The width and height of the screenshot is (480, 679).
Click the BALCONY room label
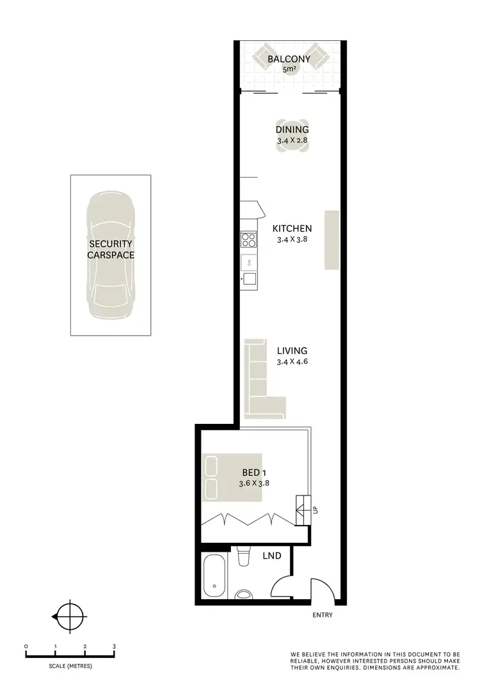(x=289, y=59)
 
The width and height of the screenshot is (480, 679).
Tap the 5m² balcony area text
(x=289, y=69)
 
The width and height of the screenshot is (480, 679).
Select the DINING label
(x=292, y=129)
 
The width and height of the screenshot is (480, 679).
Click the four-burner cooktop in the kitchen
(x=248, y=240)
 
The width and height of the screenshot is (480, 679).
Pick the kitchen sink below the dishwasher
(x=249, y=279)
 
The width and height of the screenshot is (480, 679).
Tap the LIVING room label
(x=292, y=350)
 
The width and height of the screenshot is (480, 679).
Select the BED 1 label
(x=255, y=472)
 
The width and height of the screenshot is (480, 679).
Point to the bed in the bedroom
(x=219, y=478)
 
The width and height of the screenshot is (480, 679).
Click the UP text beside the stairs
(x=316, y=510)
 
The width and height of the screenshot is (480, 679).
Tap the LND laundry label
(x=272, y=556)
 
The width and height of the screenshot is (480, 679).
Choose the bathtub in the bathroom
(x=212, y=577)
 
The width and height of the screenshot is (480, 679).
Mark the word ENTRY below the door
(x=323, y=616)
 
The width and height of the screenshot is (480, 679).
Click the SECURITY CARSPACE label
(x=111, y=249)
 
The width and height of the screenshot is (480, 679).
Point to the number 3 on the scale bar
(x=115, y=646)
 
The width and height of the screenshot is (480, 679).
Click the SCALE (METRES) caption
(x=70, y=666)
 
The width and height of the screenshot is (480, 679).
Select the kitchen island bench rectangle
(x=332, y=240)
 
